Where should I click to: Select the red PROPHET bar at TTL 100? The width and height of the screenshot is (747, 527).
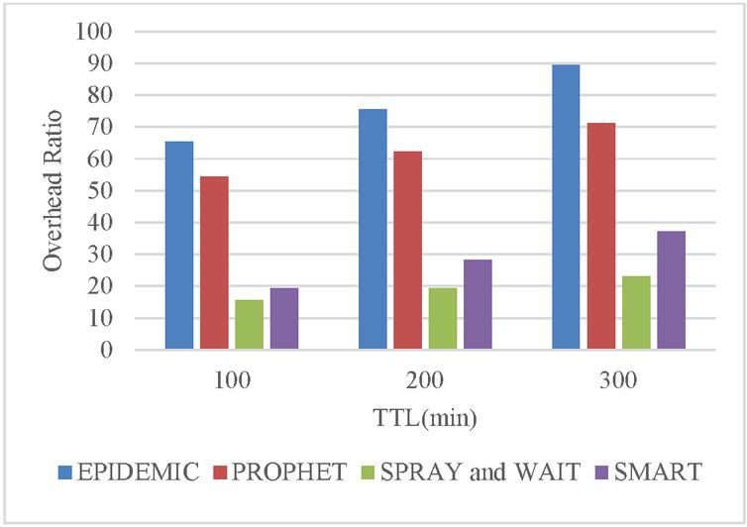click(214, 263)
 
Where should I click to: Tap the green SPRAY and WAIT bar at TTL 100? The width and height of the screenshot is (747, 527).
click(249, 324)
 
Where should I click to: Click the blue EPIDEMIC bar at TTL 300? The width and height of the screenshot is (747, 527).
click(566, 207)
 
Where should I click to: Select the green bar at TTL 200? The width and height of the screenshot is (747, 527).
click(442, 318)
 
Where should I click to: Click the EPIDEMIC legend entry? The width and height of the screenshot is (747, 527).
click(128, 472)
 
